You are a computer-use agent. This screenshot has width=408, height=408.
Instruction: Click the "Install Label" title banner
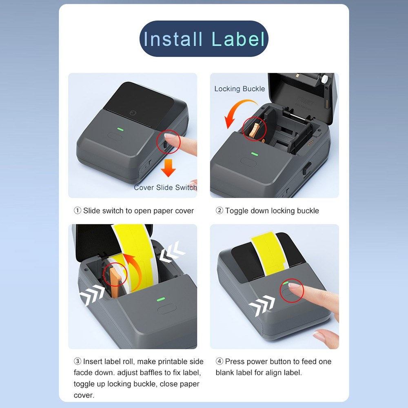204,38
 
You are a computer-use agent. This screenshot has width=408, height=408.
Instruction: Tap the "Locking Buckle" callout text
239,89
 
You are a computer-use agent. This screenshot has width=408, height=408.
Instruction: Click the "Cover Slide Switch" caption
165,187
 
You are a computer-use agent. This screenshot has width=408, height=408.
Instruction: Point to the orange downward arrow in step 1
169,168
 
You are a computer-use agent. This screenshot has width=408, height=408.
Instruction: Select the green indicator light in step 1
120,129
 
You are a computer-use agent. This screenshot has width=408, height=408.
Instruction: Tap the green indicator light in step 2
255,154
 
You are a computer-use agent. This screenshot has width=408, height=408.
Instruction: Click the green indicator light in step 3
160,299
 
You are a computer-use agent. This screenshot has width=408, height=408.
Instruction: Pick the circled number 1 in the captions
77,211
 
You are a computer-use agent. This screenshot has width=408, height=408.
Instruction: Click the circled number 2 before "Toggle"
220,211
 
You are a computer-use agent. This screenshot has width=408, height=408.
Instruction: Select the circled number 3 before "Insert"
77,361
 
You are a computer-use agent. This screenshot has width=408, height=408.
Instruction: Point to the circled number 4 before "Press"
220,361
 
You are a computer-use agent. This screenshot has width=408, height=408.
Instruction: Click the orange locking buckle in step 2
255,130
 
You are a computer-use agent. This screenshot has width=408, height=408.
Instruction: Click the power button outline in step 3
167,309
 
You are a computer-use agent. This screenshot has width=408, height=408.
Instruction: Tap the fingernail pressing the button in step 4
295,286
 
